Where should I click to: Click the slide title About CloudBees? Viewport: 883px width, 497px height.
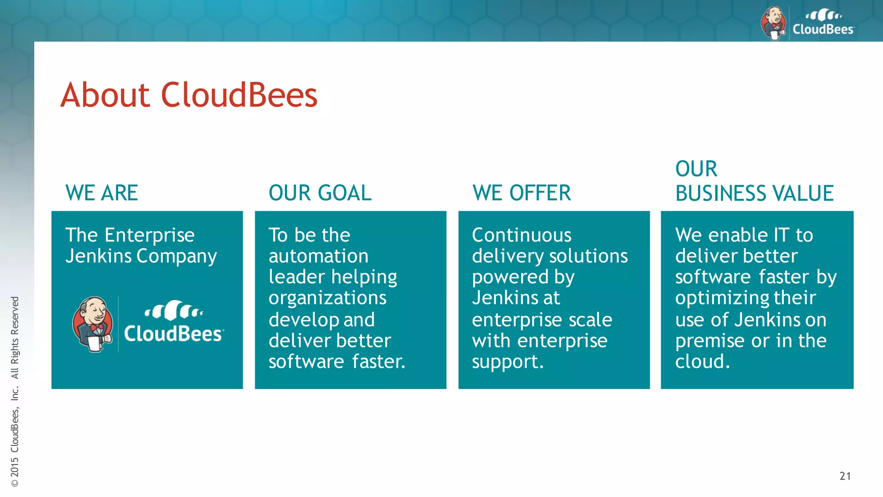tap(189, 95)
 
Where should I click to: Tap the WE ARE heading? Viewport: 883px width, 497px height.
tap(102, 193)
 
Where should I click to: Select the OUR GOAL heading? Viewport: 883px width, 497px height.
tap(320, 193)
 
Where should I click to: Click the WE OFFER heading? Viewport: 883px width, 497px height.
tap(522, 193)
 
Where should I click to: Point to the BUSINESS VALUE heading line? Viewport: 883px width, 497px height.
tap(755, 193)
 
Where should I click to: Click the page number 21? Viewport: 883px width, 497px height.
tap(845, 476)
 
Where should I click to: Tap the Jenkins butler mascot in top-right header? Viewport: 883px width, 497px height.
tap(773, 24)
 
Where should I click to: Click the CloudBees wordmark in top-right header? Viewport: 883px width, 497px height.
tap(823, 29)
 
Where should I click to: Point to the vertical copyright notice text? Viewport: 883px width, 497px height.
tap(15, 391)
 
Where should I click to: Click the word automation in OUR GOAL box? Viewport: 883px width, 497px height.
tap(319, 256)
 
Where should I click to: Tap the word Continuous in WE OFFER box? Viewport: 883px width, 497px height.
tap(522, 236)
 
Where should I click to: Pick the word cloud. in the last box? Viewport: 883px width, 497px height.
tap(702, 362)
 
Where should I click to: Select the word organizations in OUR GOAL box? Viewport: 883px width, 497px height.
tap(328, 298)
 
